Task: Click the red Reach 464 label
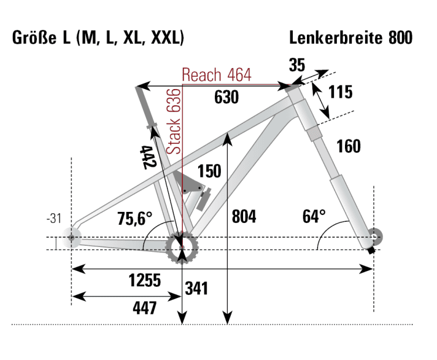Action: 216,75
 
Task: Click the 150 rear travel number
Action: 209,171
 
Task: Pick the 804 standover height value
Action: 244,216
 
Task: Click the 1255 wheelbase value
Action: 144,281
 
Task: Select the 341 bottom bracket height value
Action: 197,288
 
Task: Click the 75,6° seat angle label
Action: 134,219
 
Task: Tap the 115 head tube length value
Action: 341,92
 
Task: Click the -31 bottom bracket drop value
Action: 55,218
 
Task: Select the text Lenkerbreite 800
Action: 351,39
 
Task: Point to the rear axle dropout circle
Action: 72,237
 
